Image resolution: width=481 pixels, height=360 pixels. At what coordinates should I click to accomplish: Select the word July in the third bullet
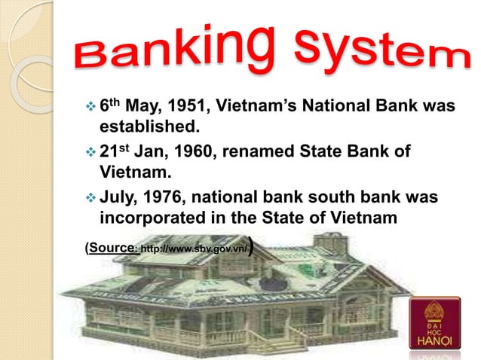point(119,200)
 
